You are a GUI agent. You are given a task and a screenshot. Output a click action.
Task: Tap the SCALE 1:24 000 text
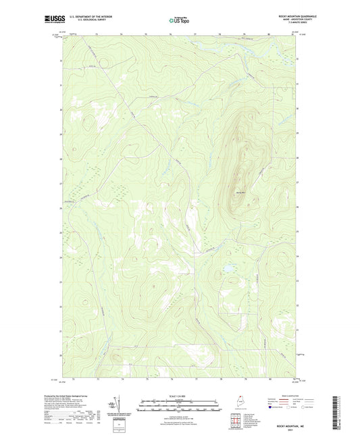pos(180,395)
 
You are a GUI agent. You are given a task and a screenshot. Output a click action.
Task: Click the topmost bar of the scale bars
pos(180,401)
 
